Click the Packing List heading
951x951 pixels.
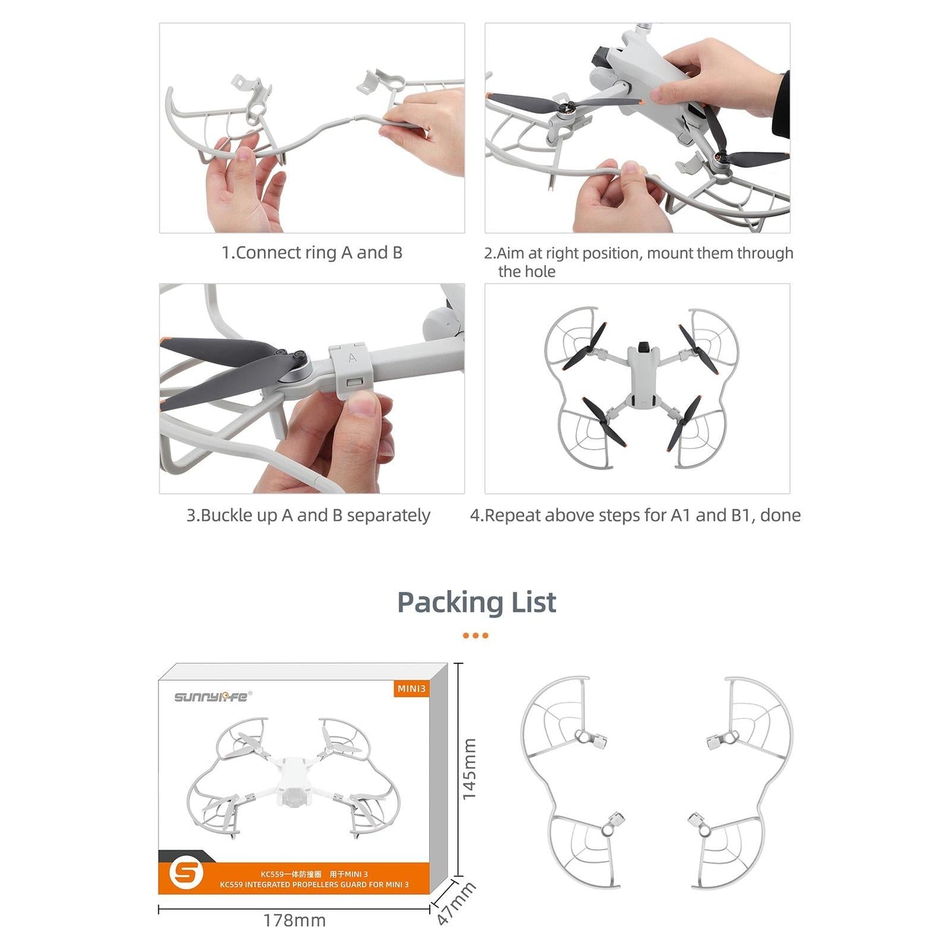476,602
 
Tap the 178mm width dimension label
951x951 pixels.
294,920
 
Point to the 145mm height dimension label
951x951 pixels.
469,769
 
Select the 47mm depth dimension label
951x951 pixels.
455,904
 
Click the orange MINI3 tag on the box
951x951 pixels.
411,688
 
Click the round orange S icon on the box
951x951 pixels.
186,873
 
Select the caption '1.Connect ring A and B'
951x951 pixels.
311,253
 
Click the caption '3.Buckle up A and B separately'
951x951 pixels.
308,515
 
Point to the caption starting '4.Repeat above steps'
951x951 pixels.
635,515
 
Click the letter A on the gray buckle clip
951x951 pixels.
352,358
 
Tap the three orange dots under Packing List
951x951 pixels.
475,636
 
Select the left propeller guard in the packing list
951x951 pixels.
573,780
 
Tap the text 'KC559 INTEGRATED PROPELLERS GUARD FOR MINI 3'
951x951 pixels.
314,885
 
